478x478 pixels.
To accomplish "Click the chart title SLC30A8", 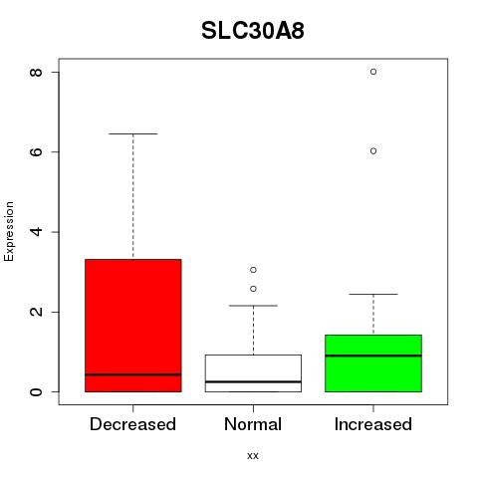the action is point(253,31).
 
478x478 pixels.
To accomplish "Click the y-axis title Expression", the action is point(9,231).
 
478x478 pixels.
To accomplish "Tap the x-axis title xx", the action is point(253,455).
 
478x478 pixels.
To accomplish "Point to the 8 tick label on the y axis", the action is point(36,72).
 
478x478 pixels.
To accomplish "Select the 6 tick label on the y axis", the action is point(36,151).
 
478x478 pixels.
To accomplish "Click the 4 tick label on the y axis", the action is point(36,232).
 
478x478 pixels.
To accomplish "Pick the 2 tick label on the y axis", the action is point(36,312).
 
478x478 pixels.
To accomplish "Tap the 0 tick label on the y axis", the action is point(36,391).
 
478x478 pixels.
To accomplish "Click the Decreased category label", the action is point(132,424).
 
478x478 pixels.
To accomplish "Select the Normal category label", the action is point(253,424).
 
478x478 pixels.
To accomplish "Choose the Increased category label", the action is point(373,424).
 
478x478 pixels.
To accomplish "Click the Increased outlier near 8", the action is point(373,72).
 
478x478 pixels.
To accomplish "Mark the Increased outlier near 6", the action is point(373,151).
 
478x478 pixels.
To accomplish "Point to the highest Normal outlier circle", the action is point(253,270).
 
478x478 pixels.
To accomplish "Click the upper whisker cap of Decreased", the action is point(133,133).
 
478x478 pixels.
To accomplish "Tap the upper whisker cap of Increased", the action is point(373,294).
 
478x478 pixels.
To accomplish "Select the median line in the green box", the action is point(373,356).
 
